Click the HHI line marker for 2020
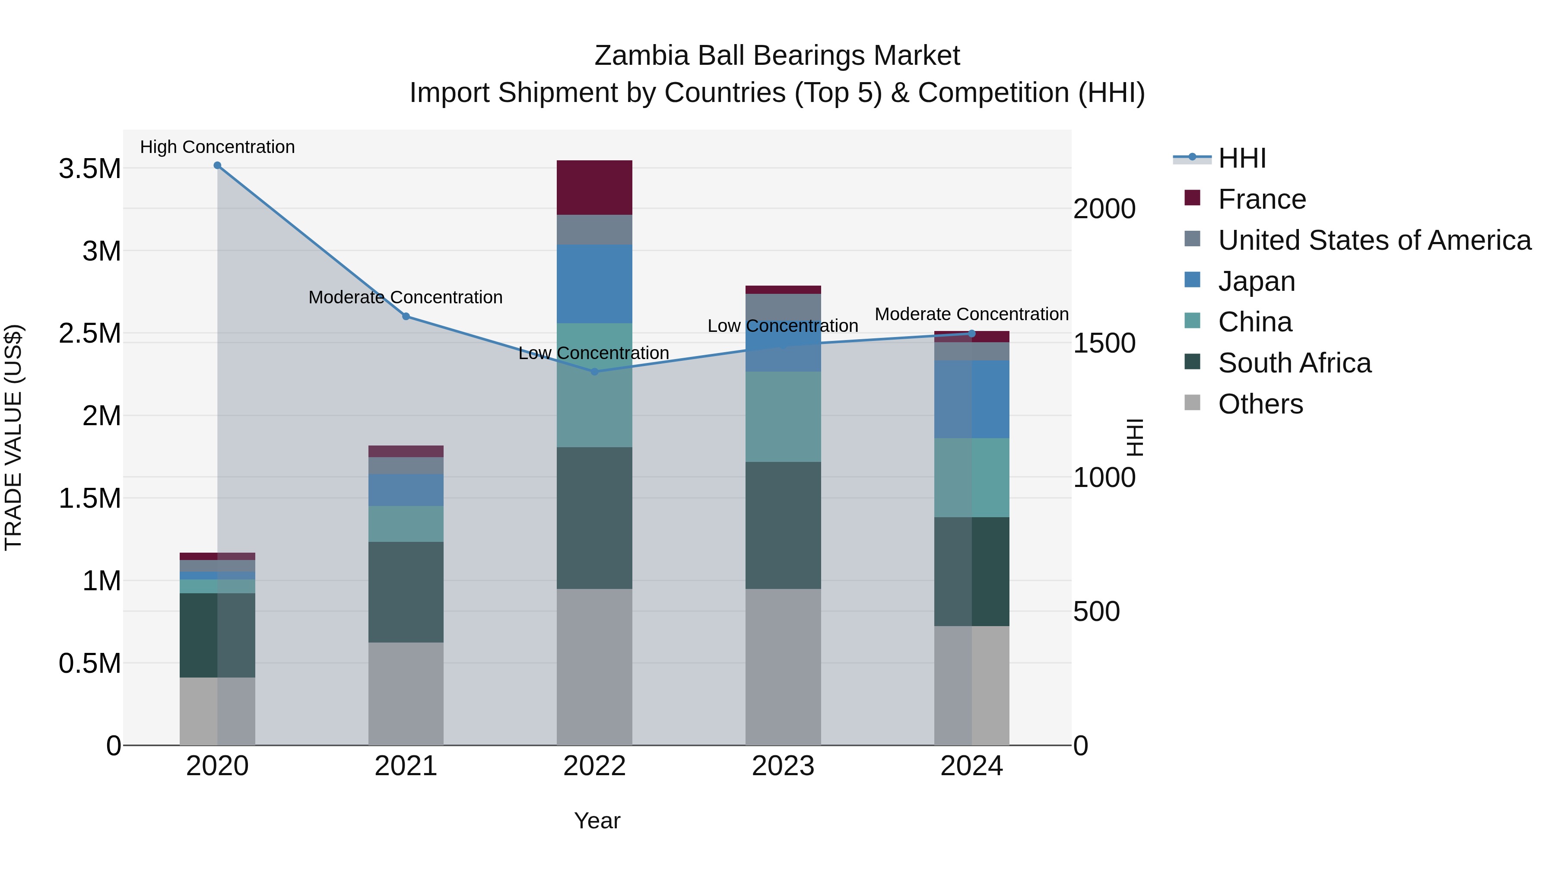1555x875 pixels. (217, 165)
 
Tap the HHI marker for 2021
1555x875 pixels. (406, 316)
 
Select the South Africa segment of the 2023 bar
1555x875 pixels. (783, 525)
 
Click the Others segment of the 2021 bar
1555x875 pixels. (406, 694)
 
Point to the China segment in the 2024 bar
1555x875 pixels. (972, 477)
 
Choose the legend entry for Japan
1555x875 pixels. (1256, 281)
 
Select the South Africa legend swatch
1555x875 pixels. (1192, 363)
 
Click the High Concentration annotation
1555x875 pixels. (217, 147)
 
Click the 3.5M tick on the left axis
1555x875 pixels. (89, 169)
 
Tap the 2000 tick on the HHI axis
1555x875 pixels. (1104, 209)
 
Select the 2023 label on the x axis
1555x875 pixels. (783, 766)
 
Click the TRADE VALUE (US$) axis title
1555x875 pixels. (13, 437)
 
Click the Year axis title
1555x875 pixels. (597, 821)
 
